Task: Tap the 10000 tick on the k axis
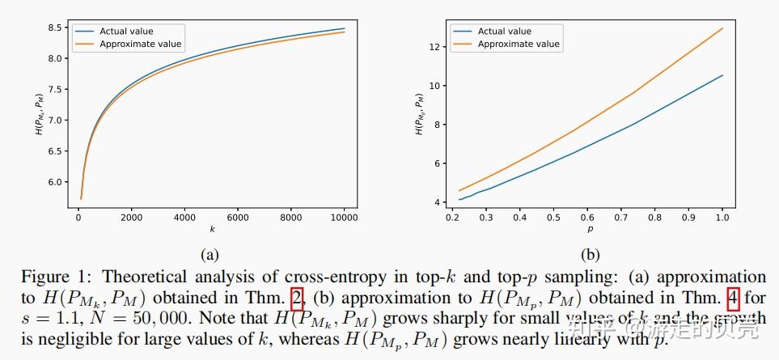point(344,218)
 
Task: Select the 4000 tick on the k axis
point(184,218)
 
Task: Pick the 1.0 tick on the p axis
point(722,218)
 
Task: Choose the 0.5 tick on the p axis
point(552,218)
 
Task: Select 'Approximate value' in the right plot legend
point(519,44)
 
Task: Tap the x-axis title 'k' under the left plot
point(211,230)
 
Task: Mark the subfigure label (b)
point(589,253)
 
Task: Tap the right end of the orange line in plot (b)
point(722,28)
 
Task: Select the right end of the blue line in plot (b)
point(722,75)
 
